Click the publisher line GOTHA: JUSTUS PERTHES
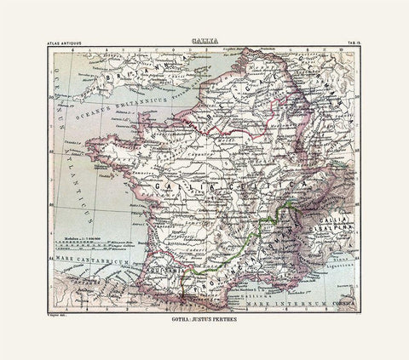pos(204,323)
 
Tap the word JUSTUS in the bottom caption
pos(203,323)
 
